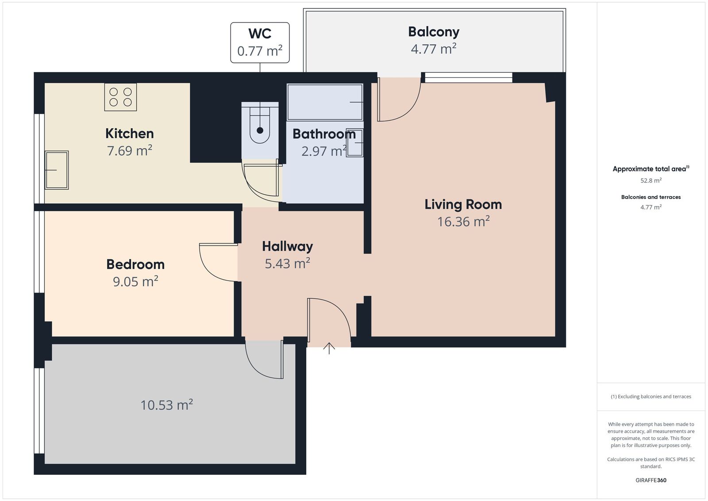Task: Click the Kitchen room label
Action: [x=130, y=134]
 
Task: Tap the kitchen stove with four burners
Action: [x=120, y=97]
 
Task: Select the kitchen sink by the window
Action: [x=57, y=170]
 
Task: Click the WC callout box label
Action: [x=260, y=34]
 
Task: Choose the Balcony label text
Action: [x=434, y=32]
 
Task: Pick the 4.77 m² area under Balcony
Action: [x=434, y=49]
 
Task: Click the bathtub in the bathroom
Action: [x=325, y=102]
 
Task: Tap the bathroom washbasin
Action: [x=354, y=143]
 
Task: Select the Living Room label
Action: [x=463, y=204]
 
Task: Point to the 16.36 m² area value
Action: [x=463, y=222]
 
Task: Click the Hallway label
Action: [x=287, y=247]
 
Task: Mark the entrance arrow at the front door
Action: [x=329, y=348]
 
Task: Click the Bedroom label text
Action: [x=135, y=265]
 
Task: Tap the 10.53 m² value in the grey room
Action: [x=166, y=405]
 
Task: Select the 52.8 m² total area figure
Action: [x=651, y=181]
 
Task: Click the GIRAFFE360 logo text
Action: [x=651, y=480]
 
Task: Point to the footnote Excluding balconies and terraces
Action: [x=651, y=397]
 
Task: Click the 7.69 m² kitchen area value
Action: [x=130, y=151]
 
